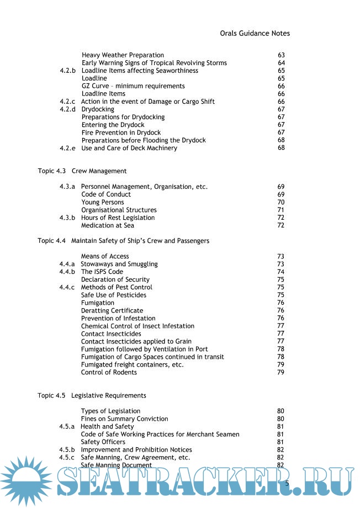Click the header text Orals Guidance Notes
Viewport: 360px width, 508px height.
click(254, 33)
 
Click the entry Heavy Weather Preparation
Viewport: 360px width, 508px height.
click(123, 55)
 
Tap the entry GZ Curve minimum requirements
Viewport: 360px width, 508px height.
click(133, 86)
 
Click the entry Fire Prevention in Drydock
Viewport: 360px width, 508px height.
click(121, 133)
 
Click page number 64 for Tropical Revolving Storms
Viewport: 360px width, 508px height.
click(281, 63)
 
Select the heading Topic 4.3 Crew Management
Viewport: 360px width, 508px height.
click(82, 171)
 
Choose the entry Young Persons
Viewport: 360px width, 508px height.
click(102, 202)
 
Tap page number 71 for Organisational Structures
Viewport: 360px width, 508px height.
click(280, 210)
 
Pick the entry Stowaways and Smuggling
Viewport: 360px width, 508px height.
click(119, 264)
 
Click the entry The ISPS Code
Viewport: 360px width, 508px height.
click(102, 272)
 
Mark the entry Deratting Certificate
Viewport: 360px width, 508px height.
click(112, 310)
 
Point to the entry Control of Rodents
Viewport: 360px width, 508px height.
click(109, 372)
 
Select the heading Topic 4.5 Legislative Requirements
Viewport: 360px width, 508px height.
click(92, 395)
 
